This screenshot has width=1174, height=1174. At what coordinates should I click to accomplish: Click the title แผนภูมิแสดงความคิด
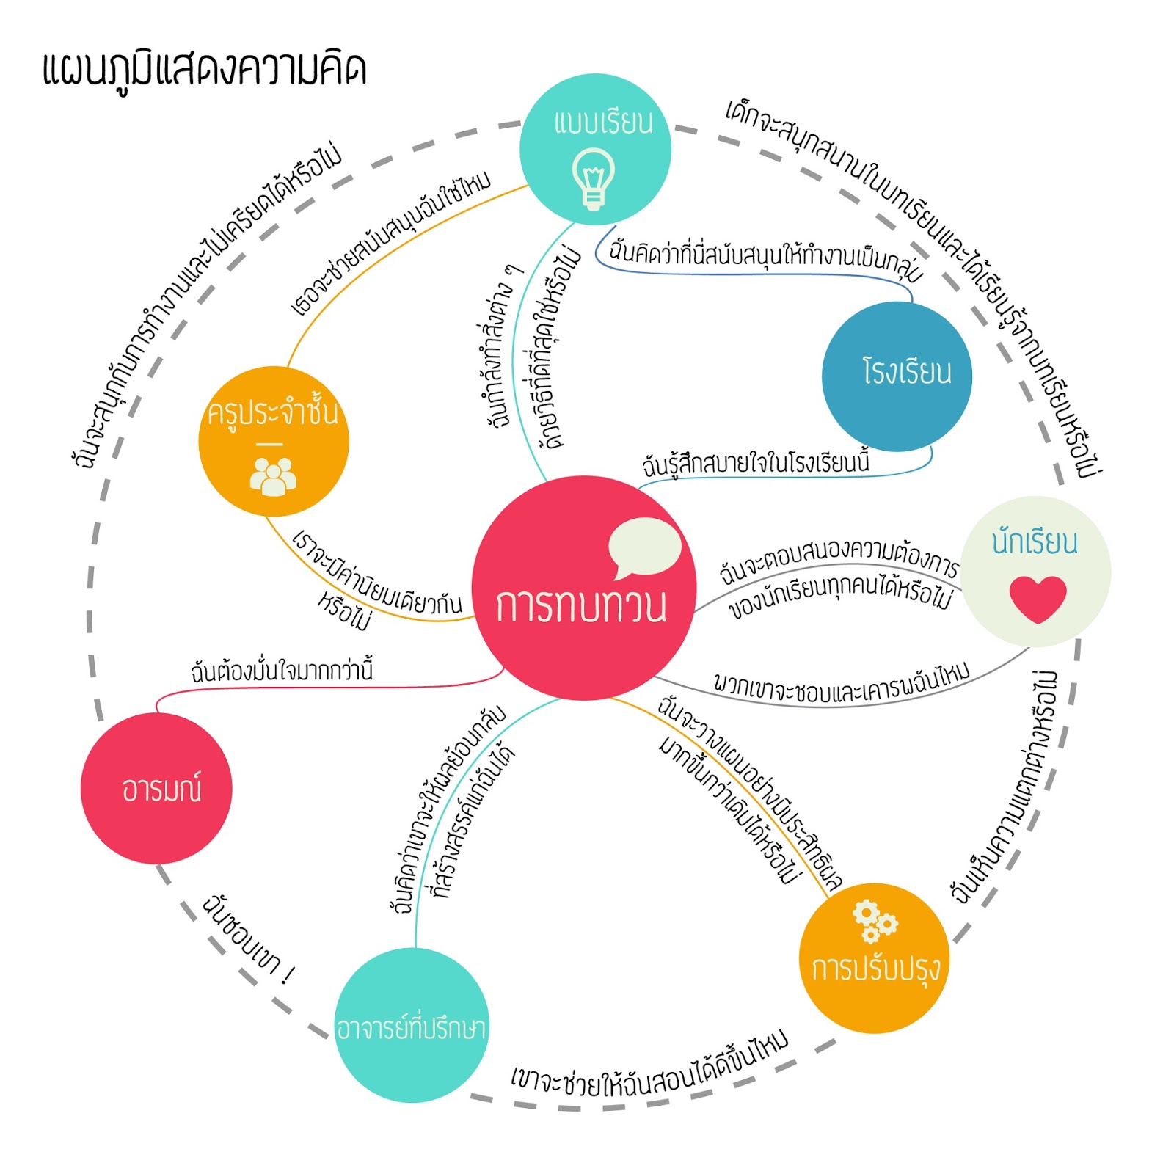(x=204, y=70)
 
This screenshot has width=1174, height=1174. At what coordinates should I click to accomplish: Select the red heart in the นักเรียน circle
(x=1038, y=598)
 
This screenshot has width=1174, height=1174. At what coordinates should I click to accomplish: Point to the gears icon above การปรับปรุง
(x=874, y=920)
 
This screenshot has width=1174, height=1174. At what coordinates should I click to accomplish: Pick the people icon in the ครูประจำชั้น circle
(x=273, y=476)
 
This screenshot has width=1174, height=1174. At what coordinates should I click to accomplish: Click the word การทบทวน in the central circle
(x=581, y=606)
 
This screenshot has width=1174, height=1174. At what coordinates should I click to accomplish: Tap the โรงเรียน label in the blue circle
(x=907, y=372)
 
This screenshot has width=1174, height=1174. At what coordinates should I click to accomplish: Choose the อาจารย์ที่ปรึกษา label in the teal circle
(x=411, y=1028)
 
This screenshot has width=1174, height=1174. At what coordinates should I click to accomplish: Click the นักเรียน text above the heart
(x=1035, y=542)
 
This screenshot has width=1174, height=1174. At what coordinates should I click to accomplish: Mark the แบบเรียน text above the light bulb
(x=603, y=122)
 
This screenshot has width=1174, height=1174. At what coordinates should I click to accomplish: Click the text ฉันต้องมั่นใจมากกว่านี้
(x=282, y=671)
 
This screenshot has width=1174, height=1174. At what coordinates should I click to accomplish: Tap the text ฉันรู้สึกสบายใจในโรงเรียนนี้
(x=756, y=463)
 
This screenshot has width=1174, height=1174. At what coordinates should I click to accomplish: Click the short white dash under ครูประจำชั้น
(x=269, y=444)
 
